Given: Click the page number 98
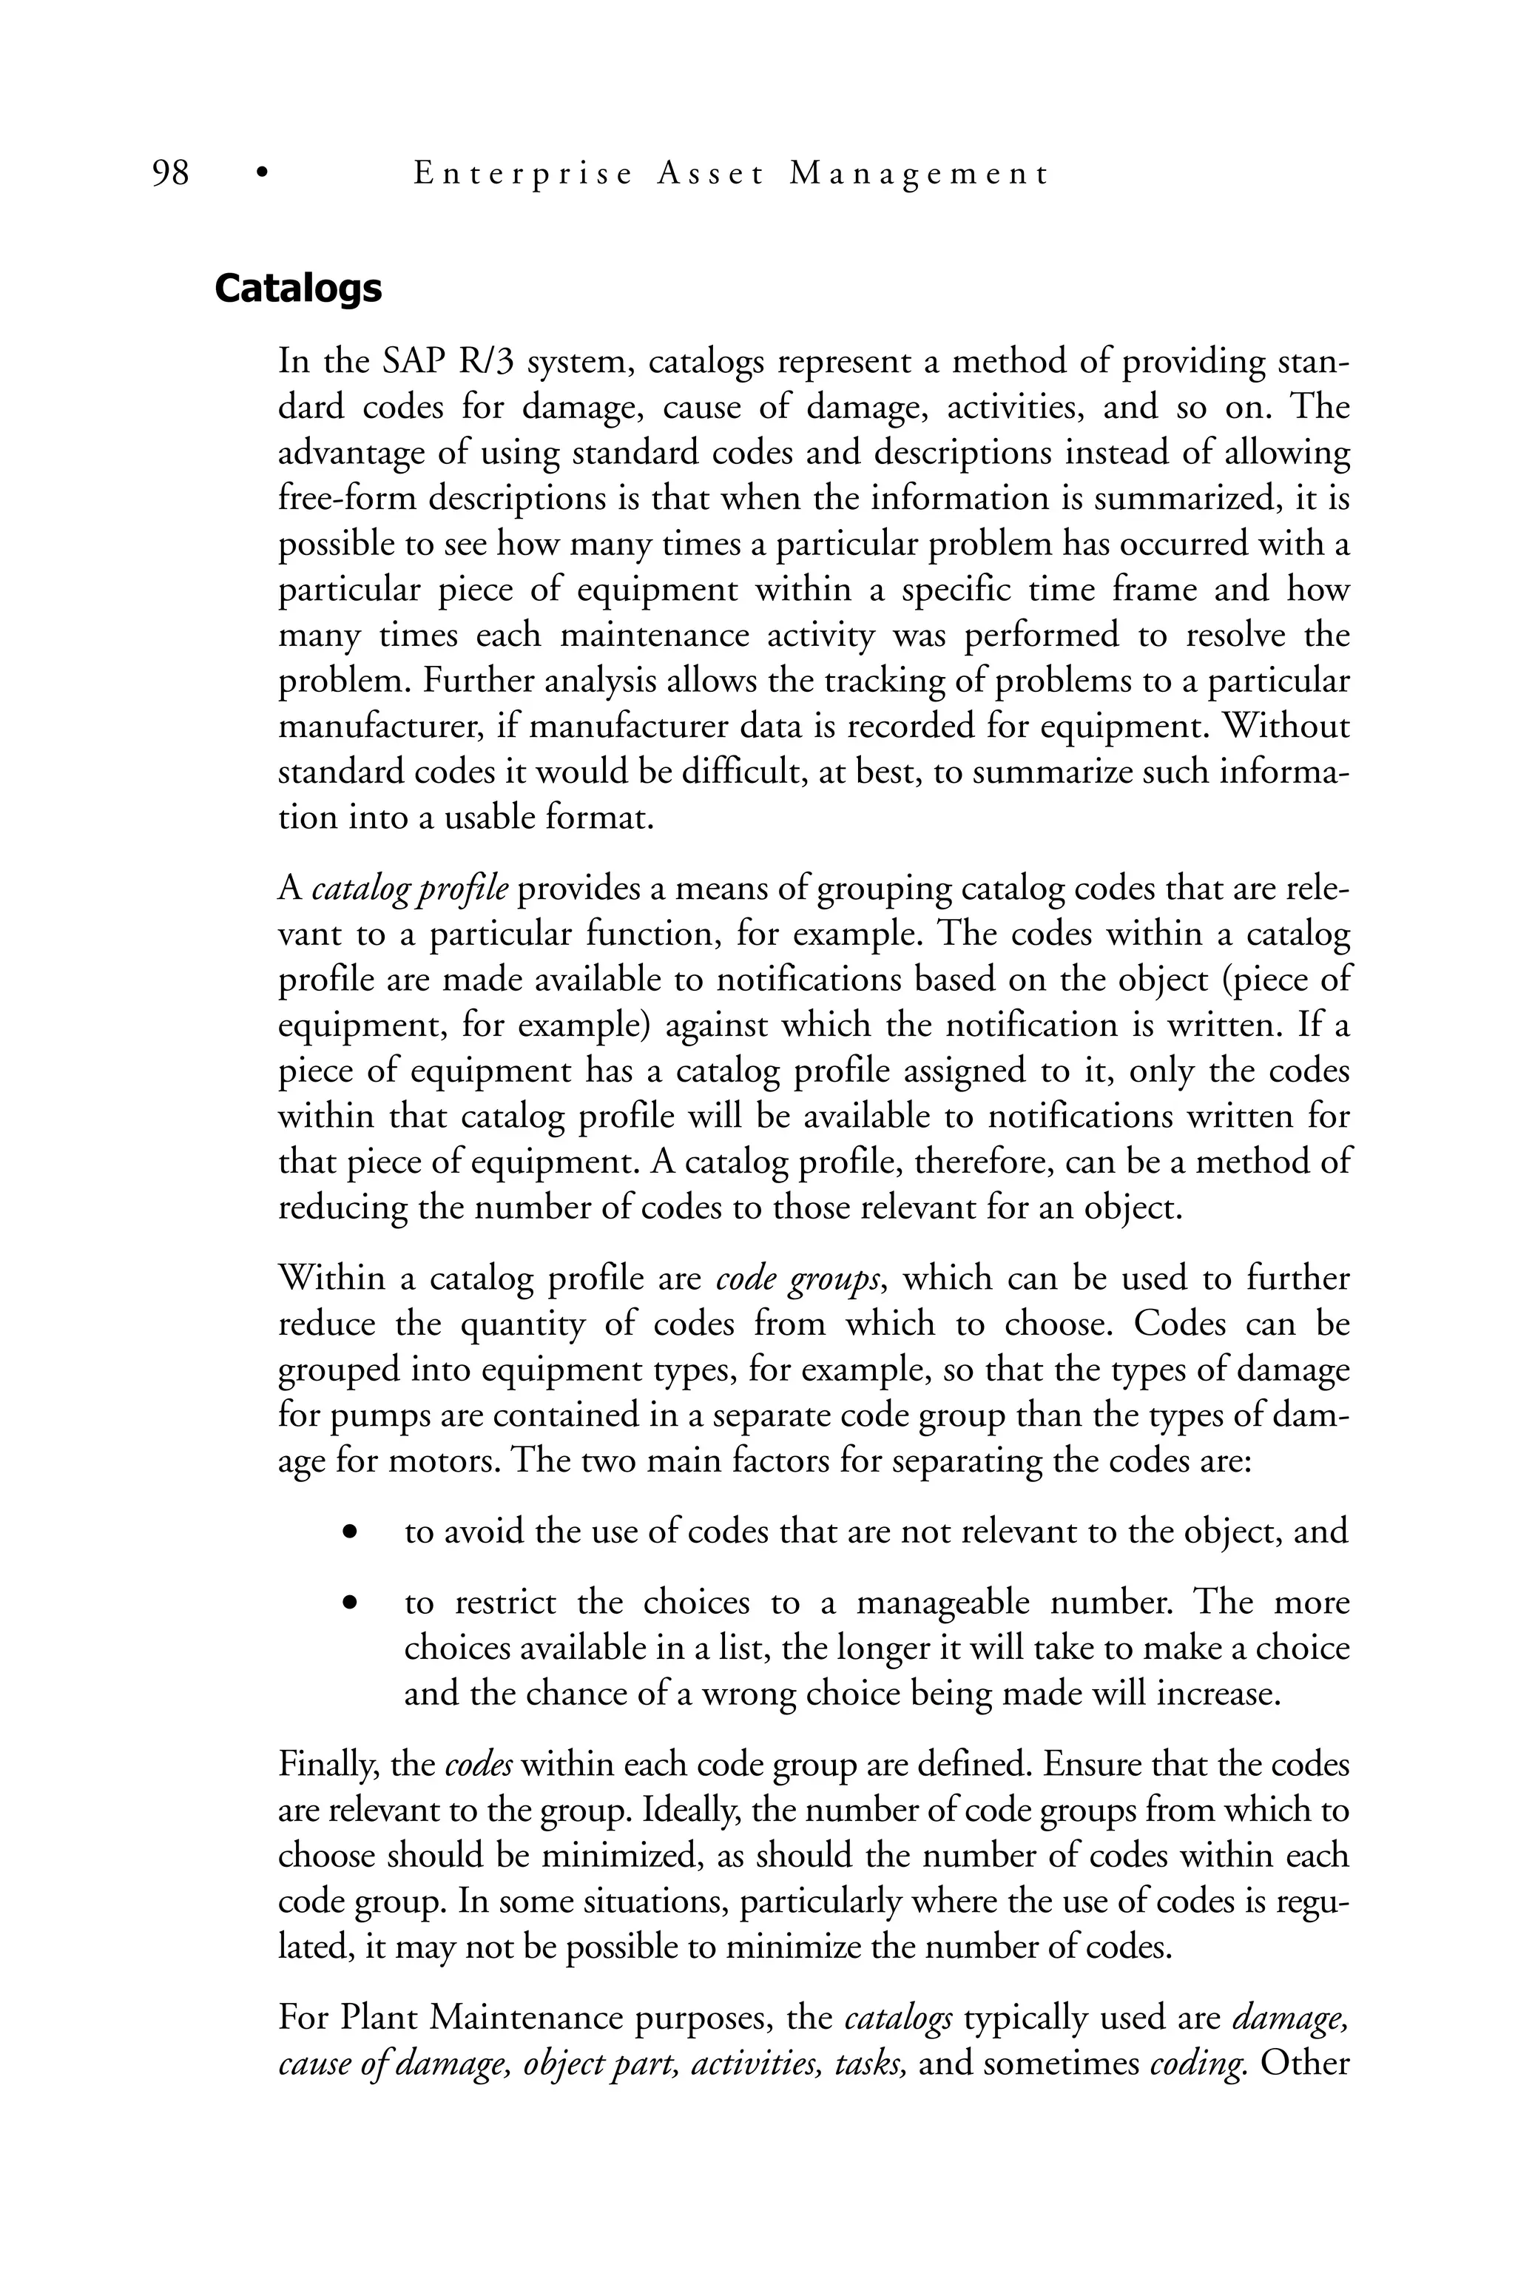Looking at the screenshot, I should pos(171,174).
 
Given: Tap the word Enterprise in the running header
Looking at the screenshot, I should pos(523,174).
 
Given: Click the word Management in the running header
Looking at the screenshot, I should pos(918,174).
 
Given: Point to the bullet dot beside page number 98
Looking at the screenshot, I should pos(260,175).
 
